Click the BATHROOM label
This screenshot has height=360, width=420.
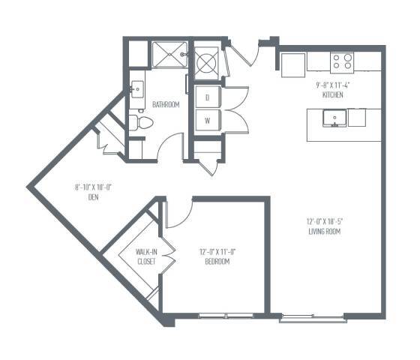coord(166,105)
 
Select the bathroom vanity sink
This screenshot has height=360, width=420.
coord(136,89)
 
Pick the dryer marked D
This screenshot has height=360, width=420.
coord(207,97)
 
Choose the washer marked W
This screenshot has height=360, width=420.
coord(207,121)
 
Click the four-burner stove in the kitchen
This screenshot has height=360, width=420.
coord(342,60)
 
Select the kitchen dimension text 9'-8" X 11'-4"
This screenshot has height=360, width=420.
coord(334,85)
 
